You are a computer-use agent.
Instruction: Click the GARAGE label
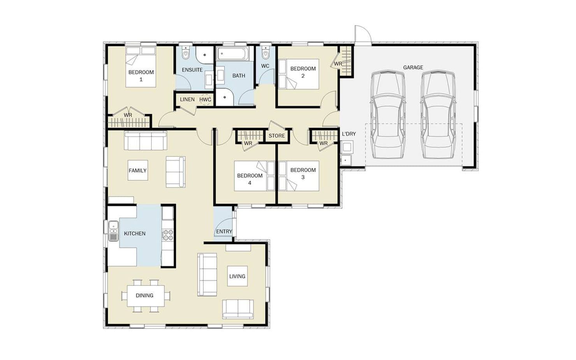pos(413,67)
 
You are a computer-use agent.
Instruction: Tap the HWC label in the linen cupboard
pos(205,100)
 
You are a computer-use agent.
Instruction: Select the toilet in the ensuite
pos(185,52)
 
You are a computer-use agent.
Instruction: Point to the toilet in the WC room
pos(265,52)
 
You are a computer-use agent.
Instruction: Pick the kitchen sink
pos(113,231)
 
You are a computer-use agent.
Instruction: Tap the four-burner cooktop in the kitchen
pos(168,235)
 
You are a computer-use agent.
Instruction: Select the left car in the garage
pos(388,114)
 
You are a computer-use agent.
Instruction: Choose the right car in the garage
pos(438,114)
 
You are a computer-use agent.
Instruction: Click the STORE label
pos(277,135)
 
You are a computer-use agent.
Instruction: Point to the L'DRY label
pos(349,134)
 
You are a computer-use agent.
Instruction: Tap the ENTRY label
pos(224,232)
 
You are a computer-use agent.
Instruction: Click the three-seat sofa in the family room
pos(146,140)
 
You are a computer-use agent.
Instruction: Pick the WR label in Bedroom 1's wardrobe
pos(128,115)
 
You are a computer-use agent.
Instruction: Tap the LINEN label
pos(187,99)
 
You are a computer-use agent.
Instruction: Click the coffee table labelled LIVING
pos(237,276)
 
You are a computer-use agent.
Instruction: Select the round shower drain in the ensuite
pos(205,55)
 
